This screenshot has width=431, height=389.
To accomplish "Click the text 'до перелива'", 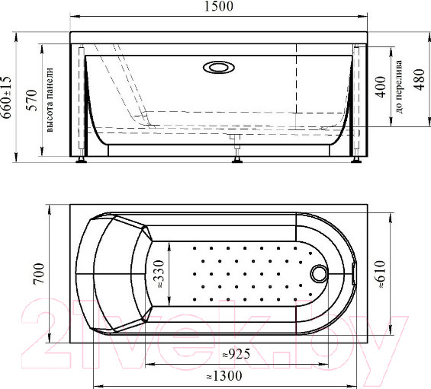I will tap(398, 88).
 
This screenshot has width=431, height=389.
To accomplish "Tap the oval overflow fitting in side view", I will tap(219, 67).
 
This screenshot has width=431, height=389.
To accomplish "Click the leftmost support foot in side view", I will tap(81, 160).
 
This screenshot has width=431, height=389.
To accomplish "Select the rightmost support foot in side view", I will tap(356, 160).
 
